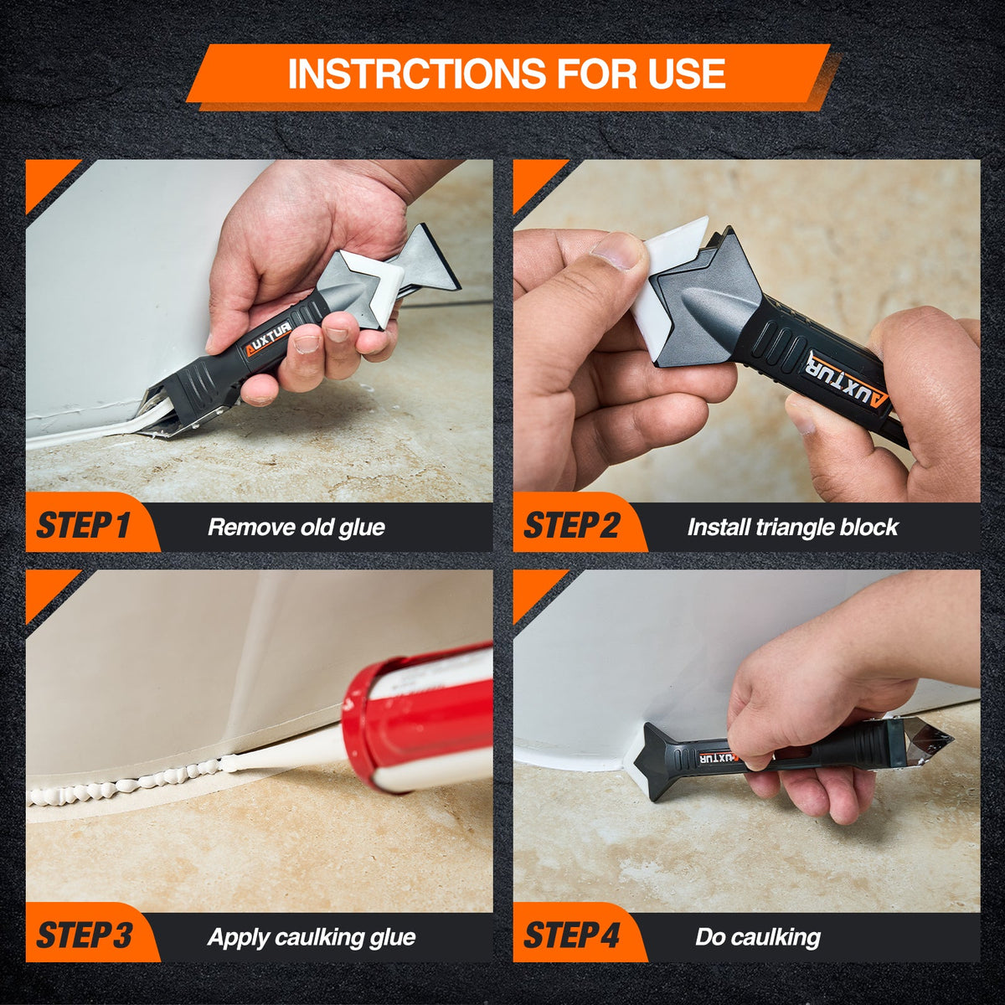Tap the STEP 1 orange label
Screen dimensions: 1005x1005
[84, 527]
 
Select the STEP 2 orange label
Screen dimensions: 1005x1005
[572, 527]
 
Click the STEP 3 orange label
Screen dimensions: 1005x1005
[84, 935]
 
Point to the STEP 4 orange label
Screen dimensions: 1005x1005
[572, 935]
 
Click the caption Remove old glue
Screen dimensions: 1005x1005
[296, 528]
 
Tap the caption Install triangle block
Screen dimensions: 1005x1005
[791, 528]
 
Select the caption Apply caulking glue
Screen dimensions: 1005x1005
[311, 936]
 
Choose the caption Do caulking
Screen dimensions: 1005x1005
[757, 936]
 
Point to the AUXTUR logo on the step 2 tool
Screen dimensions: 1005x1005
[846, 380]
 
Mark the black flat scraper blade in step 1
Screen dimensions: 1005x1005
[431, 260]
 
